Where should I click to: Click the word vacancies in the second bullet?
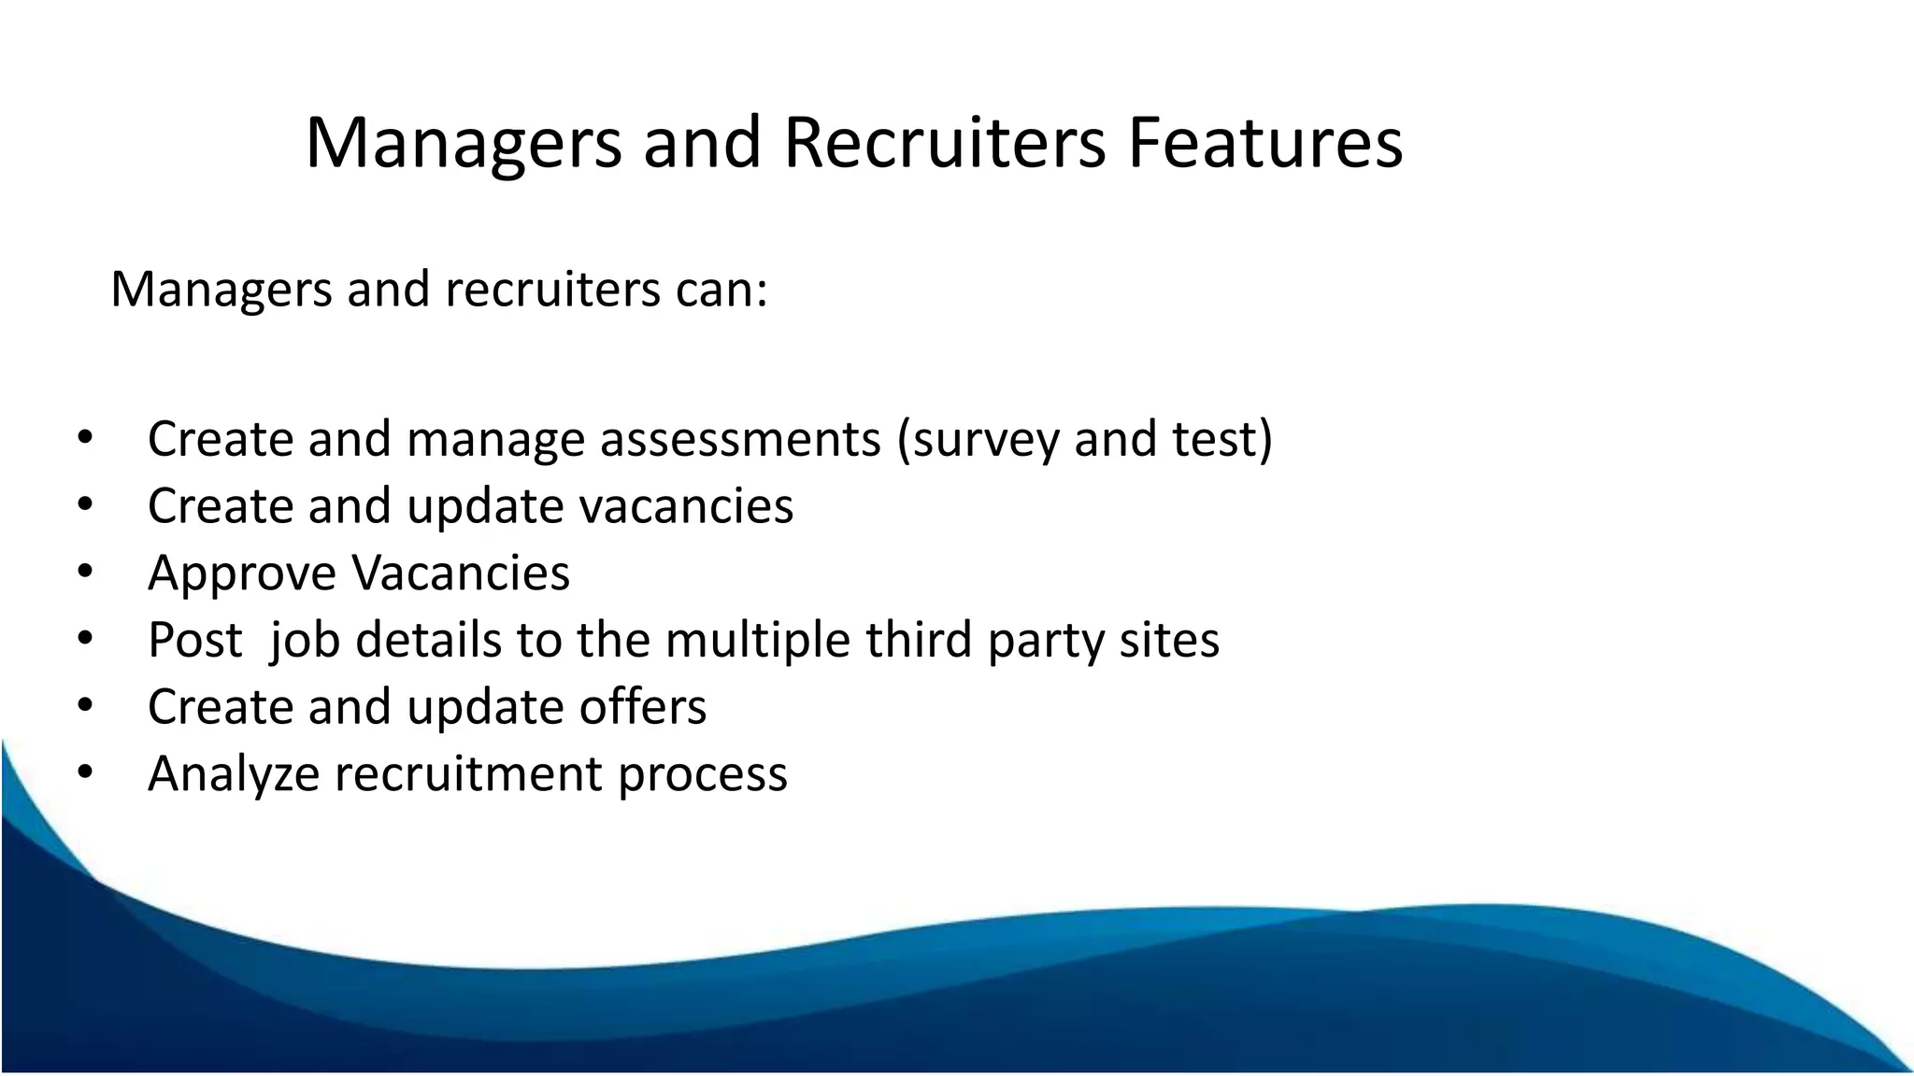pyautogui.click(x=686, y=505)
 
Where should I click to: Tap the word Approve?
pyautogui.click(x=241, y=573)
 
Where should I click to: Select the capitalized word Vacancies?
pyautogui.click(x=460, y=573)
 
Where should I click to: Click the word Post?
pyautogui.click(x=194, y=640)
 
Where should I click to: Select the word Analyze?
pyautogui.click(x=234, y=774)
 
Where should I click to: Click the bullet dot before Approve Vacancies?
pyautogui.click(x=85, y=572)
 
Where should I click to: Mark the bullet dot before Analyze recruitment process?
pyautogui.click(x=85, y=772)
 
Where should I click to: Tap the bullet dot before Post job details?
pyautogui.click(x=85, y=639)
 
